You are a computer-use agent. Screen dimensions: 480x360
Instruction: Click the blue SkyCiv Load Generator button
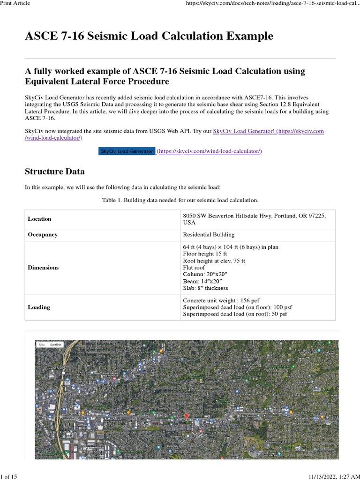point(127,151)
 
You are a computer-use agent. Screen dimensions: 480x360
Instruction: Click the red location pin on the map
point(187,416)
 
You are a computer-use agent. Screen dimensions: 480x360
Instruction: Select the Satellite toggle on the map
point(56,345)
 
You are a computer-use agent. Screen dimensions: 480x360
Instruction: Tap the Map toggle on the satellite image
point(42,345)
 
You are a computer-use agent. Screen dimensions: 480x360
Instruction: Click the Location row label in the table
point(40,219)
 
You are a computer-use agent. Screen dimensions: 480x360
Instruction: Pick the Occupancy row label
point(43,234)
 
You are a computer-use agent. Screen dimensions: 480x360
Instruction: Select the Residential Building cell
point(209,234)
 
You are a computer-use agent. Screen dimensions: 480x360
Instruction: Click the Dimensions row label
point(43,268)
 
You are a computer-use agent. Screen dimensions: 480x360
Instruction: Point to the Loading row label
point(39,307)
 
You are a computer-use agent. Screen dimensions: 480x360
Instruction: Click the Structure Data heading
point(55,172)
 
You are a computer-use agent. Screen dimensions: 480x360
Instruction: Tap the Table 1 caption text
point(180,200)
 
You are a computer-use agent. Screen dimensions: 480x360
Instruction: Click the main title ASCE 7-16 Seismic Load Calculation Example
point(149,36)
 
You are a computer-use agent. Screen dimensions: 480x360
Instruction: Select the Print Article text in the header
point(15,3)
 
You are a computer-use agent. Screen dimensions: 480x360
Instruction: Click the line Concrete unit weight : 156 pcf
point(221,300)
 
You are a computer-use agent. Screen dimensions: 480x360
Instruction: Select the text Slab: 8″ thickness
point(206,288)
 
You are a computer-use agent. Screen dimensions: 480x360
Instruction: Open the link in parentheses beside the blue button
point(210,151)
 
